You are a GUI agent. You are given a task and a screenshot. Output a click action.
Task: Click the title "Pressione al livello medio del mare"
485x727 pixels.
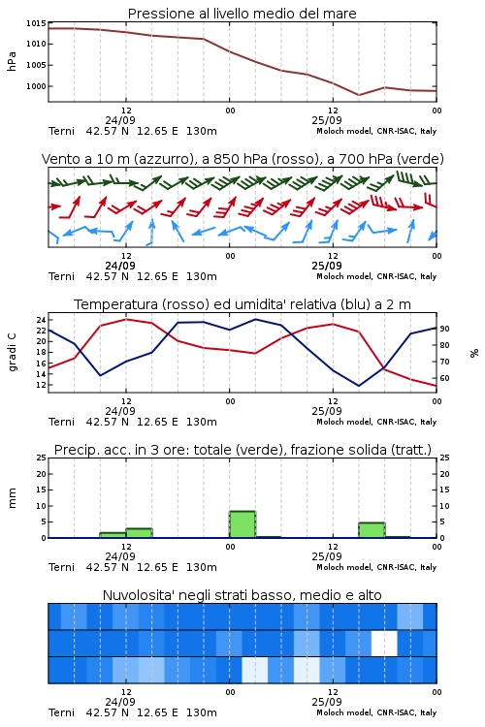[242, 14]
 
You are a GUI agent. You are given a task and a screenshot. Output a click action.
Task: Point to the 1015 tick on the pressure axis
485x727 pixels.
[36, 23]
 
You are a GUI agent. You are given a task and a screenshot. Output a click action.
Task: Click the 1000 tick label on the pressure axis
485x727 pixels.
[36, 86]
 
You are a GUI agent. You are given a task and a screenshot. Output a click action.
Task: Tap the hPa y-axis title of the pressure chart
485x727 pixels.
[12, 61]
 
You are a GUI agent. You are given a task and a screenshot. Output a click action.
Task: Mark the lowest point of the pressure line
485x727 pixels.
[359, 95]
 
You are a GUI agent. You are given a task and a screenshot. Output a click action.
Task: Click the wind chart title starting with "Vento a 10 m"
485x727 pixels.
[242, 159]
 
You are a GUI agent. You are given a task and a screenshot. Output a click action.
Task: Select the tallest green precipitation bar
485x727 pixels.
[242, 524]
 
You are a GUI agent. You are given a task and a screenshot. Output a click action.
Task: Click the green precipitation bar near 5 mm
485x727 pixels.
[372, 530]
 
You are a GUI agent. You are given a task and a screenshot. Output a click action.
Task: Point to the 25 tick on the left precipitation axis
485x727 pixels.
[42, 458]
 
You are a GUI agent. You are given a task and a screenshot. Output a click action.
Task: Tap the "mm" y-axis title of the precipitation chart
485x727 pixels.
[12, 497]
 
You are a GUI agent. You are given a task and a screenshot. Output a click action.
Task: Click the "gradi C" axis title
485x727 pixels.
[12, 352]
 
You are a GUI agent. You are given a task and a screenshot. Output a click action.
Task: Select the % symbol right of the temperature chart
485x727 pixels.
[474, 353]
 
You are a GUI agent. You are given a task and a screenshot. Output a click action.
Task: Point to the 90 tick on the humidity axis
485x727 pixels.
[444, 329]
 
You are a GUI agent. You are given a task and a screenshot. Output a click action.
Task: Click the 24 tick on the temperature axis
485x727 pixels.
[41, 320]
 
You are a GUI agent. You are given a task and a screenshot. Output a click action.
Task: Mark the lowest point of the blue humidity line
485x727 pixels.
[359, 386]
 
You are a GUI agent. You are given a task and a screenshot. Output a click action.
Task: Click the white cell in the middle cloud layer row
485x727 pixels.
[384, 644]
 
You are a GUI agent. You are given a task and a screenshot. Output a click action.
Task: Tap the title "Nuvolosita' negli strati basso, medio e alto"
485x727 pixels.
[242, 595]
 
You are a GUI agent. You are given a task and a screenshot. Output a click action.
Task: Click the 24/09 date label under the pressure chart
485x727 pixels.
[120, 120]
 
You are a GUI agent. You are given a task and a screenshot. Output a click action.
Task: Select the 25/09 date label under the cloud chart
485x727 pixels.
[327, 702]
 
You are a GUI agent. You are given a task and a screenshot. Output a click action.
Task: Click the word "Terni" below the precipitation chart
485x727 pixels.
[61, 567]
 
